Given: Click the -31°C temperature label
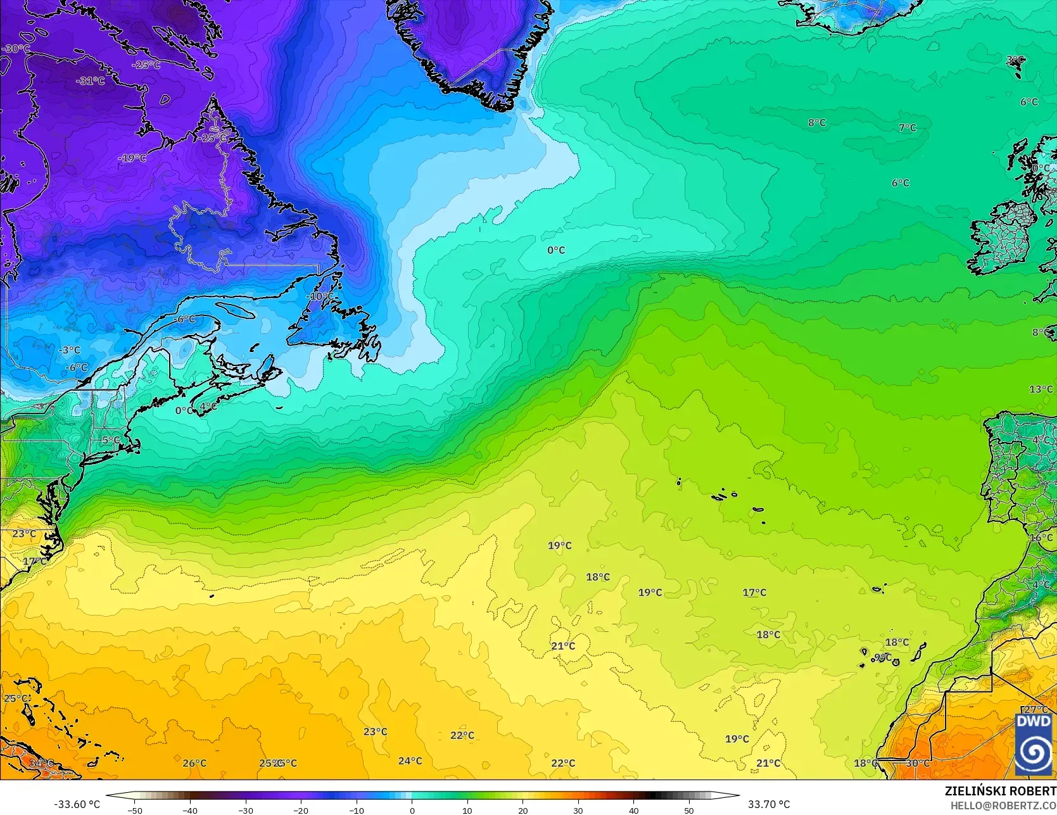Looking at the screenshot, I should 90,81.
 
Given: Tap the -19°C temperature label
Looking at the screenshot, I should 132,158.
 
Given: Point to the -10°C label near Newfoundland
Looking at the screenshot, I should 321,296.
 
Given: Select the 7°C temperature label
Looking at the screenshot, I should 907,128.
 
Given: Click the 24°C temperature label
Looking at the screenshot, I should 410,761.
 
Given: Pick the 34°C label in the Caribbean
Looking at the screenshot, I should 42,763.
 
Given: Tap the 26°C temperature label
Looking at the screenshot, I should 194,763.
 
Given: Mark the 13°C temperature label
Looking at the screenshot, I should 1041,389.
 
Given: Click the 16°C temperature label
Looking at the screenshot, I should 1041,538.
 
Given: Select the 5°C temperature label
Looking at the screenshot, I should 111,440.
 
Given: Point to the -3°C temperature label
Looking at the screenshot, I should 70,350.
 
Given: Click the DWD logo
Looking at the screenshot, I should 1034,744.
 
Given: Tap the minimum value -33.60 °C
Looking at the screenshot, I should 77,804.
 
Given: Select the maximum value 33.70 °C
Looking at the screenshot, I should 769,804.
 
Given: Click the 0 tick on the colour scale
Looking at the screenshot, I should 412,810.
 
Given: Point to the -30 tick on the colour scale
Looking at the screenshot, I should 246,810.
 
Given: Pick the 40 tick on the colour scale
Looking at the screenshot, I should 633,810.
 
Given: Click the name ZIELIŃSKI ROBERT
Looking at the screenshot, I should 1000,792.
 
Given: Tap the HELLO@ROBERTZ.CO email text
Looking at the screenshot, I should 1003,804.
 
